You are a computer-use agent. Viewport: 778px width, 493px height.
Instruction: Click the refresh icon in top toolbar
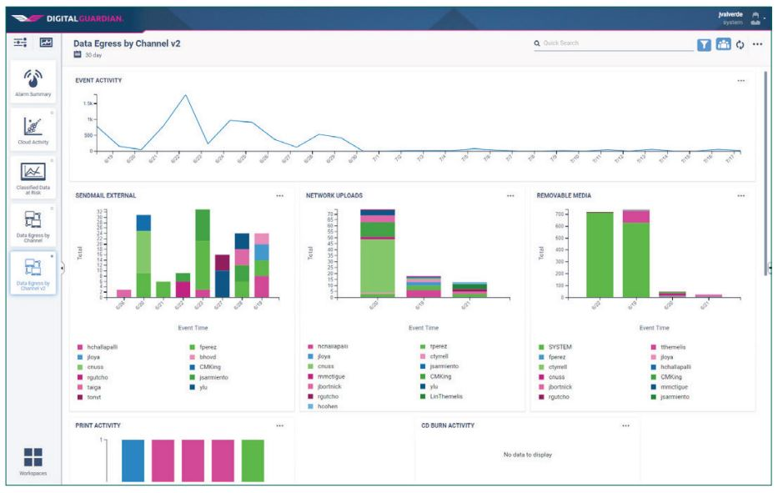pyautogui.click(x=739, y=43)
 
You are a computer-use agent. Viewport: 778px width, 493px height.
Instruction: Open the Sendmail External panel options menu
pyautogui.click(x=279, y=196)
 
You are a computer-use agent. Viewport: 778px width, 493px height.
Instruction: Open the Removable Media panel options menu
pyautogui.click(x=740, y=196)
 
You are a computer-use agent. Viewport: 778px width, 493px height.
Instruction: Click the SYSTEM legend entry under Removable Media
pyautogui.click(x=560, y=346)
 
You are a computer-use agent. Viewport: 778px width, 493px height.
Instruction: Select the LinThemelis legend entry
pyautogui.click(x=447, y=396)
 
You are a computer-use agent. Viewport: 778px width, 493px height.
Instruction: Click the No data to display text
pyautogui.click(x=527, y=455)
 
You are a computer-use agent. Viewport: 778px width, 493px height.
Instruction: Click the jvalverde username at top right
pyautogui.click(x=729, y=13)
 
